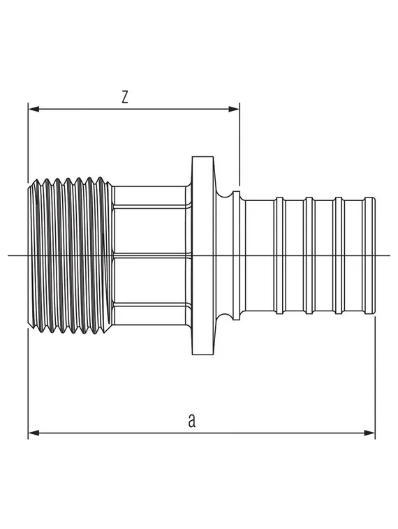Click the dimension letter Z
click(x=125, y=98)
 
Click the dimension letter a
click(x=191, y=420)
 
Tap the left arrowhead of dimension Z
click(x=33, y=109)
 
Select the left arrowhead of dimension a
click(x=33, y=433)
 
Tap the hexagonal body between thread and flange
click(x=149, y=255)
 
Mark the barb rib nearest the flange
click(x=279, y=255)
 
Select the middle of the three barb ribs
click(x=309, y=255)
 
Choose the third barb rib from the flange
click(x=339, y=255)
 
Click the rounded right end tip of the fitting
click(x=372, y=255)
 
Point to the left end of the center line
click(x=10, y=255)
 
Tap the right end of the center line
click(x=388, y=255)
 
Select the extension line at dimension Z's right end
click(x=239, y=147)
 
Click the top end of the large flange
click(x=203, y=159)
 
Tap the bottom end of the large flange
click(x=203, y=352)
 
